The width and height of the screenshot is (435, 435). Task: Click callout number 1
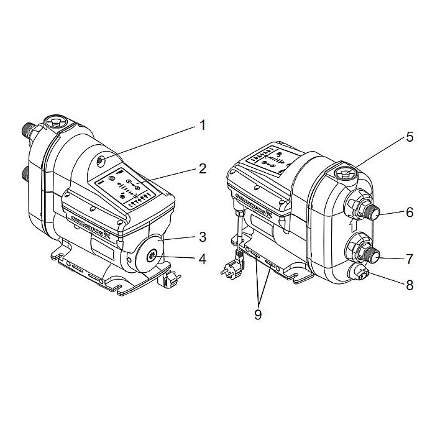click(x=201, y=126)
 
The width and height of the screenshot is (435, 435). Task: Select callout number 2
click(x=201, y=169)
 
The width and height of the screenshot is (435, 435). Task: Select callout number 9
click(x=257, y=314)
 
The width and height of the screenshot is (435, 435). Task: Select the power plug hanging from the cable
click(x=229, y=269)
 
